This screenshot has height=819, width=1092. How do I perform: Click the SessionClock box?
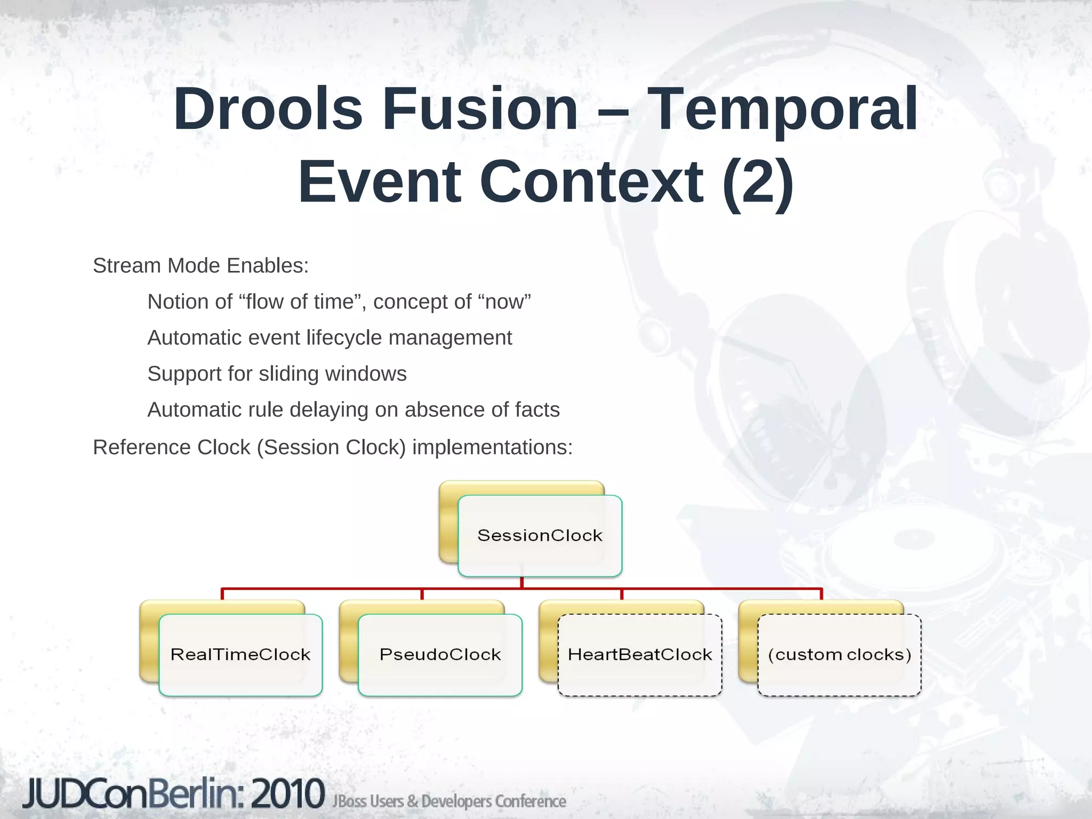[x=540, y=535]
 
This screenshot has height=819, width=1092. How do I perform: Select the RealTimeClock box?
[x=240, y=654]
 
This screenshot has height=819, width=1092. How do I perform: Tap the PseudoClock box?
[x=440, y=654]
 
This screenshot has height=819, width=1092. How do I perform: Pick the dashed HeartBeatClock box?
[x=640, y=654]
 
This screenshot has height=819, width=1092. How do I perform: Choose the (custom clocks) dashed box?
[x=839, y=654]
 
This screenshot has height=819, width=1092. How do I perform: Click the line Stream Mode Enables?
[x=200, y=266]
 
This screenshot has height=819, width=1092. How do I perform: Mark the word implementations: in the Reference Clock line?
[x=492, y=447]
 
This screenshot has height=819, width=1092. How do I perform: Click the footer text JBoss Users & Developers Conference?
[x=449, y=801]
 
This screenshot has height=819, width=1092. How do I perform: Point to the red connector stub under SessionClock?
[x=521, y=583]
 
